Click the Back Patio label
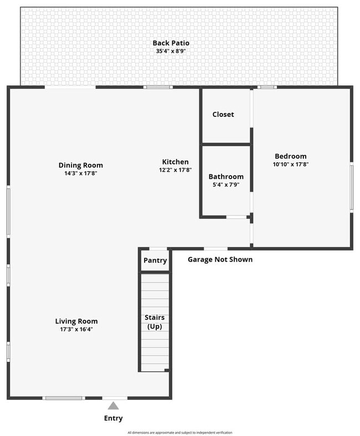(x=171, y=43)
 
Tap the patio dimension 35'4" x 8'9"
(x=171, y=52)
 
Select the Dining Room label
(x=81, y=165)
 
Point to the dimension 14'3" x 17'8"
(x=81, y=173)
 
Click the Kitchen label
(x=175, y=162)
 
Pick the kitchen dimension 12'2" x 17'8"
(x=175, y=170)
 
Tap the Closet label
(x=223, y=114)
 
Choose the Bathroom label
(x=226, y=177)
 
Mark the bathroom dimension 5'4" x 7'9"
(x=226, y=185)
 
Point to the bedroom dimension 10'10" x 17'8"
(x=290, y=165)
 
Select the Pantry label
(x=155, y=260)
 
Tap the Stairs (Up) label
(x=155, y=322)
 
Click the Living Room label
(x=76, y=321)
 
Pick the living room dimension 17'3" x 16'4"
(x=76, y=330)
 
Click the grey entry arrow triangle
(x=113, y=406)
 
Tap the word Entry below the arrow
(x=114, y=418)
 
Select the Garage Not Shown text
(x=220, y=259)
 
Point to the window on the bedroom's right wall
(x=351, y=187)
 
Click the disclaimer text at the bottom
(x=180, y=433)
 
